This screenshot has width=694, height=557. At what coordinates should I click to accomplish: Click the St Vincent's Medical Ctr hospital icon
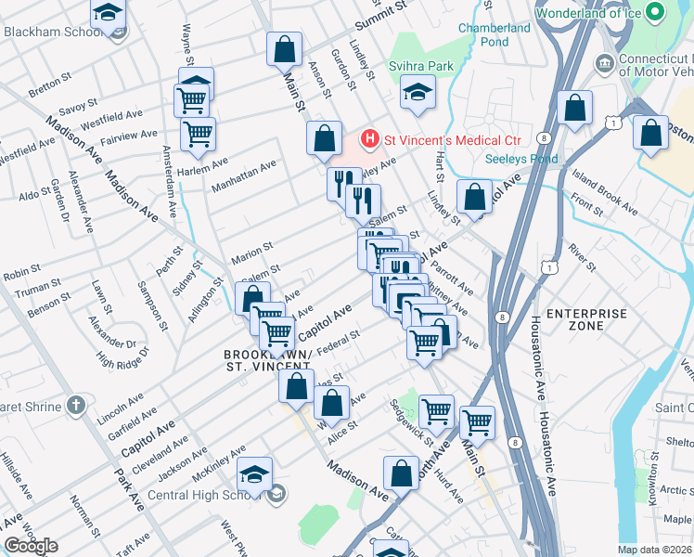coord(370,140)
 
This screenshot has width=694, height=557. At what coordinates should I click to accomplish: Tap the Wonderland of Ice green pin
coord(655,14)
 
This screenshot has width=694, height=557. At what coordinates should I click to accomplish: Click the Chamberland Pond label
coord(495,34)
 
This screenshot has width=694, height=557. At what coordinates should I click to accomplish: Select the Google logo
coord(31,545)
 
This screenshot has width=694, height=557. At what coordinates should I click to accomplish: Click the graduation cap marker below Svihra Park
coord(418,93)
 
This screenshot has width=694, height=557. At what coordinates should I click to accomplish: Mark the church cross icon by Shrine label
coord(77,406)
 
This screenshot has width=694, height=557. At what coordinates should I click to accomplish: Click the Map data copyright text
coord(654,550)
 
